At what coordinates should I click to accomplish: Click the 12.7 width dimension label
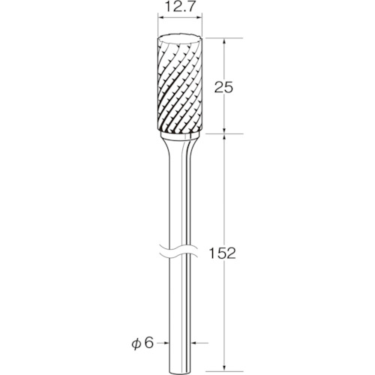pos(179,8)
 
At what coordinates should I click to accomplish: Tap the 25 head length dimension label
pos(223,88)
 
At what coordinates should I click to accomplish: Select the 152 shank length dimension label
pos(222,253)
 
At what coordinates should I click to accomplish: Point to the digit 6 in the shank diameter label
pos(148,343)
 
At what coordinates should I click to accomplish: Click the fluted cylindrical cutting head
pos(179,85)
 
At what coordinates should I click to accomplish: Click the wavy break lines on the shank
pos(179,250)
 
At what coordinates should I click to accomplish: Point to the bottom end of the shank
pos(180,371)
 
